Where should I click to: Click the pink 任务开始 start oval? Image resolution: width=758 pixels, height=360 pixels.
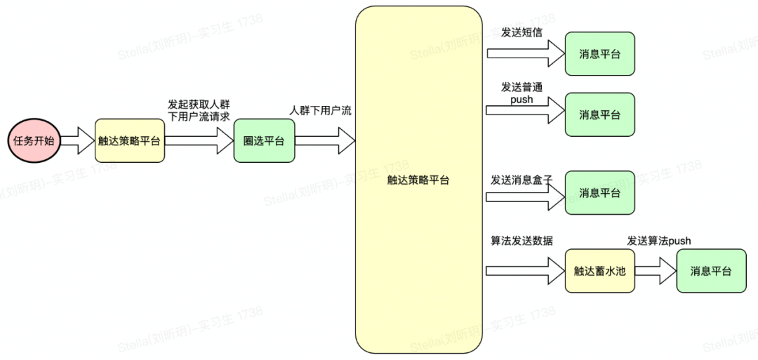[34, 141]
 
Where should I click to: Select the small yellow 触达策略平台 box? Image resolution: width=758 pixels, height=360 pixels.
[130, 141]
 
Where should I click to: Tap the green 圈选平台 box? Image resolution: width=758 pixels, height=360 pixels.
[264, 141]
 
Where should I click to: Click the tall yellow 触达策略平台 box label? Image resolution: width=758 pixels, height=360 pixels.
[418, 180]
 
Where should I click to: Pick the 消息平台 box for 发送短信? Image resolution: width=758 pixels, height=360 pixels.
[600, 54]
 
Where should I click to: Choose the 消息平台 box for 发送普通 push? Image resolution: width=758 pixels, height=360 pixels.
[600, 114]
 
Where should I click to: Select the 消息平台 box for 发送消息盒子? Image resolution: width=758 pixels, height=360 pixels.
[600, 193]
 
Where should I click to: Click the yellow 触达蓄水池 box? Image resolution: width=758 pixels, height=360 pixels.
[599, 271]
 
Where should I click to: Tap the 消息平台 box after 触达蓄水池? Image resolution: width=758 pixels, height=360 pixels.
[711, 271]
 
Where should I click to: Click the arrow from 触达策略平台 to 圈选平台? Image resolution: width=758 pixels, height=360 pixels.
[199, 141]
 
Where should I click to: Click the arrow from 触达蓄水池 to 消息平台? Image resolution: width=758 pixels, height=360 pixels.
[655, 271]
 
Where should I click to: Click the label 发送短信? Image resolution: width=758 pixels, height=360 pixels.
[521, 33]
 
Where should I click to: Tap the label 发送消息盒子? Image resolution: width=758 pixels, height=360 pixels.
[521, 180]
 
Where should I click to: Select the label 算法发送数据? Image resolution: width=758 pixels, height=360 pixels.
[521, 241]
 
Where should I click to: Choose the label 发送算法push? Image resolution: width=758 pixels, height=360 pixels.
[658, 241]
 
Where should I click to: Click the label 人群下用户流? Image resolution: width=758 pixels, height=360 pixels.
[321, 111]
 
